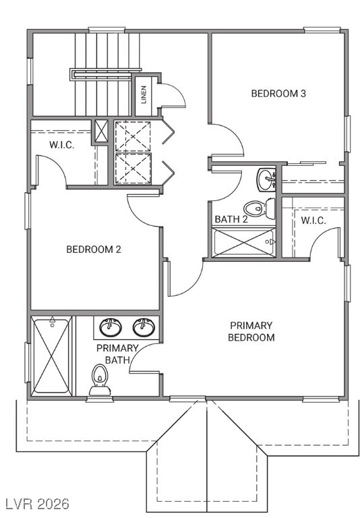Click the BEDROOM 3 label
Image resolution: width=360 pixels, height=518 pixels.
(x=278, y=94)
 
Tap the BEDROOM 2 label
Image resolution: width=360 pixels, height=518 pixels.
(x=93, y=250)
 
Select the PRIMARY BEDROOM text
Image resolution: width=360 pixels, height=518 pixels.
(x=251, y=331)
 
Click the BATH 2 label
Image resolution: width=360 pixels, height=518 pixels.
(x=231, y=219)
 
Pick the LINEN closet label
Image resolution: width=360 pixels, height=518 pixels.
(x=143, y=95)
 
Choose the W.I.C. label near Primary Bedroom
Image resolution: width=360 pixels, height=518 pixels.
(x=313, y=220)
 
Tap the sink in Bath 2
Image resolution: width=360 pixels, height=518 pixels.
(x=266, y=179)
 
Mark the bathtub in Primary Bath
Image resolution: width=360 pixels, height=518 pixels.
(x=51, y=355)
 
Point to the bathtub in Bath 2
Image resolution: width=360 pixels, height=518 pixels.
(x=243, y=241)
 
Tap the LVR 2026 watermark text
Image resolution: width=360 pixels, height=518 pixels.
(x=36, y=504)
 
